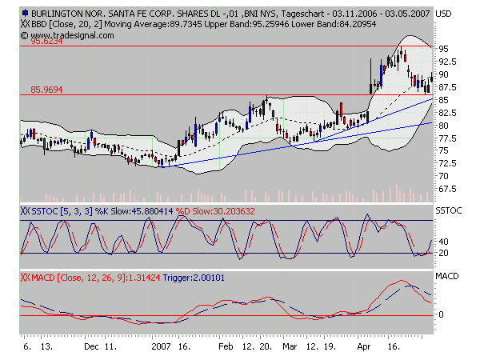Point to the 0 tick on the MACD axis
pos(441,314)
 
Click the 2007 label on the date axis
pos(163,349)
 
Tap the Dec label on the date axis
pos(90,349)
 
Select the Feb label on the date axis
pos(226,349)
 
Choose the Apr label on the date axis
pos(365,349)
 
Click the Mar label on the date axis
pos(290,349)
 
